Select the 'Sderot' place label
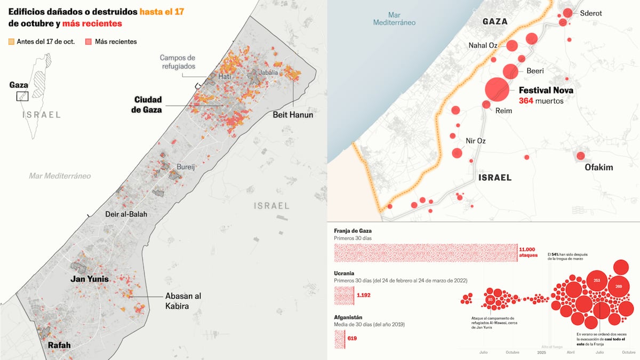tap(590, 13)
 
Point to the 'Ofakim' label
tap(599, 167)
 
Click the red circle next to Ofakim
tap(580, 156)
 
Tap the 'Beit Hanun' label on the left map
tap(293, 115)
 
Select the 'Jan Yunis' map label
tap(90, 279)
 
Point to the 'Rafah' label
tap(59, 345)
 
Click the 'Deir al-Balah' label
tap(126, 214)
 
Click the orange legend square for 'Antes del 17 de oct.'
tap(12, 42)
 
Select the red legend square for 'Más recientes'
tap(89, 42)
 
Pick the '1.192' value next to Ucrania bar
tap(364, 295)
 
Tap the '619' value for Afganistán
tap(351, 338)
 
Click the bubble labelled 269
tap(619, 287)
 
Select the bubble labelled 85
tap(491, 300)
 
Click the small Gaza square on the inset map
tap(22, 96)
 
